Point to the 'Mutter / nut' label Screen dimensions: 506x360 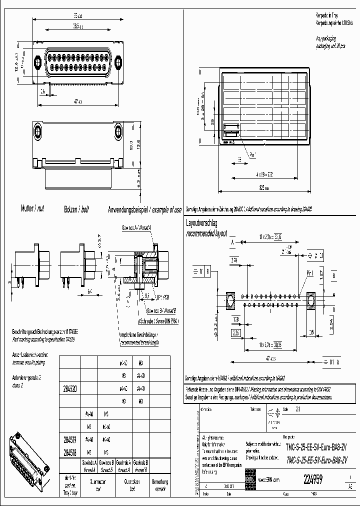click(32, 208)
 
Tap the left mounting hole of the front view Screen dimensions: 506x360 click(39, 62)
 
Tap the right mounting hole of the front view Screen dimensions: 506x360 click(118, 62)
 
